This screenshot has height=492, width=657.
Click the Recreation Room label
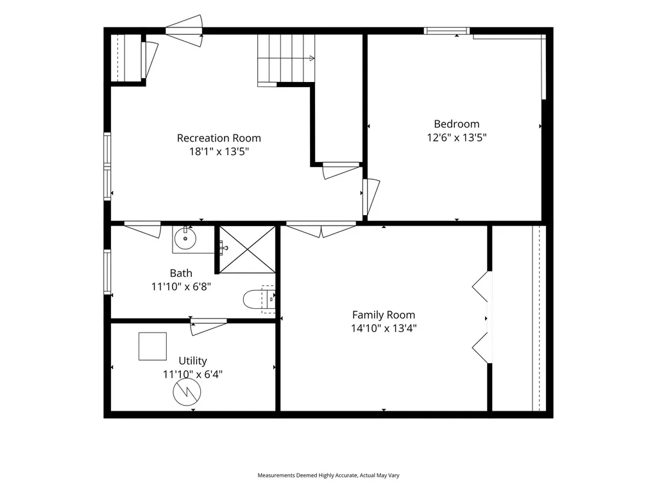(x=219, y=138)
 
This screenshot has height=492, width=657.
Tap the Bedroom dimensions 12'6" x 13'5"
(x=457, y=137)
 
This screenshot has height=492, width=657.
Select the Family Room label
(x=384, y=315)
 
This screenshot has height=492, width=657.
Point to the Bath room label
(x=181, y=273)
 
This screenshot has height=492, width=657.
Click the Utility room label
(x=192, y=361)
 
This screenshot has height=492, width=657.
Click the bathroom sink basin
(x=185, y=238)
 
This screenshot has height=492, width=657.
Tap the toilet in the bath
(x=259, y=299)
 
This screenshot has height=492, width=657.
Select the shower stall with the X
(x=247, y=250)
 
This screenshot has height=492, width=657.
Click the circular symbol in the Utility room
(x=187, y=392)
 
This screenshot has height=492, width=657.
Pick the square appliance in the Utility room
(x=153, y=347)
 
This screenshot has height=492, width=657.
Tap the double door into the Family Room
(x=321, y=230)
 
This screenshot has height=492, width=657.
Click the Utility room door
(x=209, y=326)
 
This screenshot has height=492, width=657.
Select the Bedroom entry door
(x=371, y=197)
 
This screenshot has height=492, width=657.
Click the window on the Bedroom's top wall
(x=447, y=31)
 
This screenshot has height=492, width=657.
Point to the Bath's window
(x=107, y=272)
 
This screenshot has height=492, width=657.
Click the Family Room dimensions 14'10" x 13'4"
(x=384, y=328)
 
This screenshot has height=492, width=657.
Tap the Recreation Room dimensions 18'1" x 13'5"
(x=219, y=151)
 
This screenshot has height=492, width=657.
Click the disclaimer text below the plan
(x=328, y=475)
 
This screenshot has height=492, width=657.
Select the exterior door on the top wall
(x=184, y=31)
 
